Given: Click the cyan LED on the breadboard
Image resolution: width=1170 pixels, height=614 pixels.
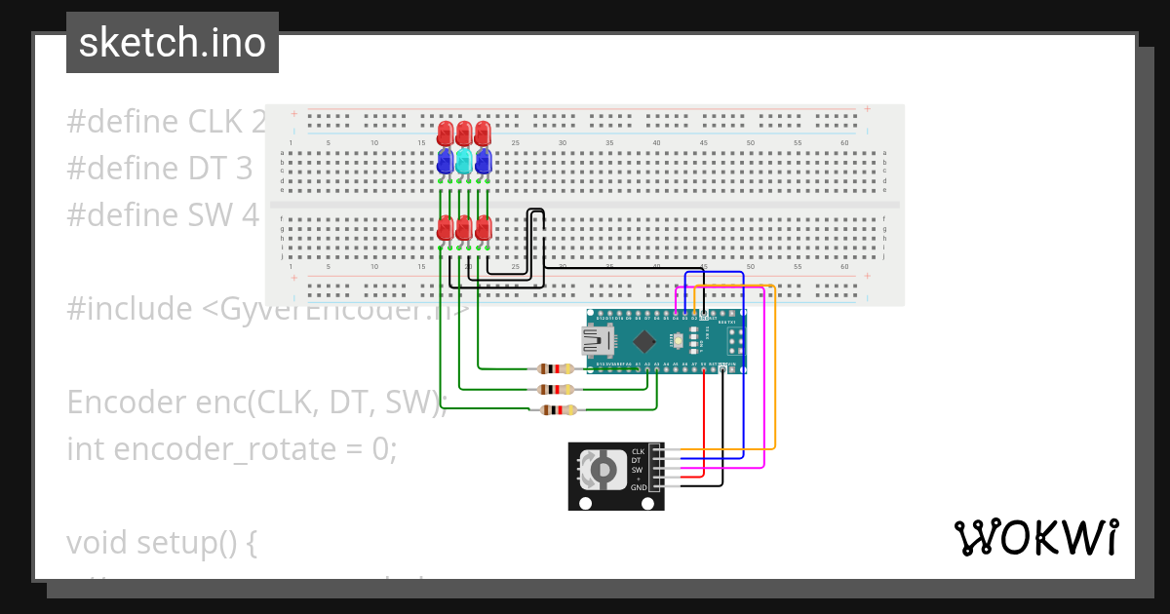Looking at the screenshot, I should click(464, 160).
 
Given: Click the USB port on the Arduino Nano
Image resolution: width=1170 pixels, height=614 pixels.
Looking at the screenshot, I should click(597, 340).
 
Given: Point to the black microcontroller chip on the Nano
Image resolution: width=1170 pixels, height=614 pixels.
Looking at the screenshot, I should click(644, 341).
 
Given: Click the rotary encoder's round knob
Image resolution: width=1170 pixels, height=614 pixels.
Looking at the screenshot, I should click(604, 471).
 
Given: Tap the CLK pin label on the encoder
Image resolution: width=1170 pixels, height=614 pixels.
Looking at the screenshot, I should click(638, 451).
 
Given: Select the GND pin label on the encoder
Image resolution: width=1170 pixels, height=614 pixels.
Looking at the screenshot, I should click(638, 487).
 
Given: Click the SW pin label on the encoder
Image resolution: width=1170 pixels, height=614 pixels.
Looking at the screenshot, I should click(637, 470).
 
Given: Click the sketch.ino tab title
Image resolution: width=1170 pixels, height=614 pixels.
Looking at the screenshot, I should click(173, 43).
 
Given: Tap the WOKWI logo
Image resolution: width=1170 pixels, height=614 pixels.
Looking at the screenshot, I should click(1035, 538).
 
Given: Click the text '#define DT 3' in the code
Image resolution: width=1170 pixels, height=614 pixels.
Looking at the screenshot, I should click(159, 169).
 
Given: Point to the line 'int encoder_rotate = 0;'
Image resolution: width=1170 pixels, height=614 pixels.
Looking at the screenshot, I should click(232, 449).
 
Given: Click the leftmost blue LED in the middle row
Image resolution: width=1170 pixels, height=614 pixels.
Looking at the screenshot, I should click(446, 160).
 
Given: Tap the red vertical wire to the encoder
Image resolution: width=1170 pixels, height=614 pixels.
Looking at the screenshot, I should click(704, 419).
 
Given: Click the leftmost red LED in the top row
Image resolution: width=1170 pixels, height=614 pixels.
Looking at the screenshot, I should click(446, 133).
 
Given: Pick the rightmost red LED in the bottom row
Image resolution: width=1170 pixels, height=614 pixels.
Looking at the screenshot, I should click(483, 228).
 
